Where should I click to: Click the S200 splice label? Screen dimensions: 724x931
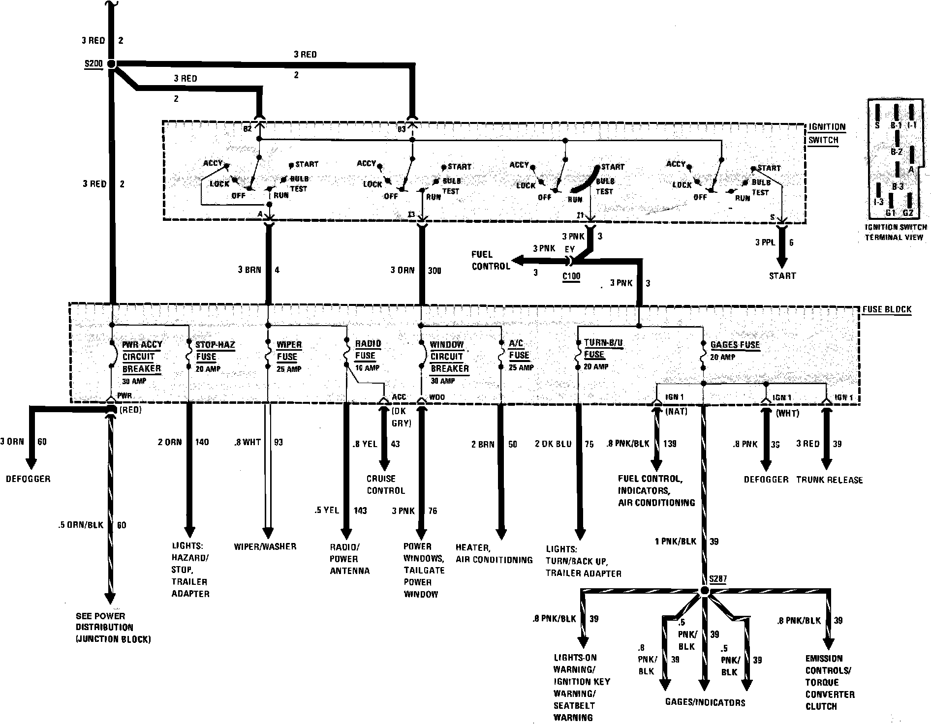click(x=94, y=64)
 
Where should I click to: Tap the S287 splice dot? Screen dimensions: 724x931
click(x=704, y=590)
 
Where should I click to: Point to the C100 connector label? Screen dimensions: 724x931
click(x=571, y=276)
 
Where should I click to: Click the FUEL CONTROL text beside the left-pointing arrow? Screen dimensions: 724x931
click(x=491, y=260)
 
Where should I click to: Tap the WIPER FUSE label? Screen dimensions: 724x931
click(x=289, y=350)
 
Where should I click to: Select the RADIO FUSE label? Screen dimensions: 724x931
click(x=368, y=349)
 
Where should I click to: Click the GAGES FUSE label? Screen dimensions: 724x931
click(x=735, y=345)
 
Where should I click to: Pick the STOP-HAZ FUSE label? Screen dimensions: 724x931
click(x=215, y=350)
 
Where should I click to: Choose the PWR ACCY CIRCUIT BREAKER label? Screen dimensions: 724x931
click(x=142, y=357)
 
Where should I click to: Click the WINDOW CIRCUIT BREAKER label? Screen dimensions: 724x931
click(x=449, y=357)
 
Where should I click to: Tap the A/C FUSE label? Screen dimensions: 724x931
click(x=519, y=349)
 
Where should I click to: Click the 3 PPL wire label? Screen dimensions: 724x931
click(x=765, y=242)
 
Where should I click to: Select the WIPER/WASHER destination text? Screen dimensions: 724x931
click(x=265, y=546)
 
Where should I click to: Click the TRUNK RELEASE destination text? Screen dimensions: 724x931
click(x=829, y=480)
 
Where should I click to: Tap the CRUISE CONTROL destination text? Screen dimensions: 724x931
click(x=385, y=484)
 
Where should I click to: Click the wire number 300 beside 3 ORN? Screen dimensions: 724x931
click(x=434, y=270)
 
